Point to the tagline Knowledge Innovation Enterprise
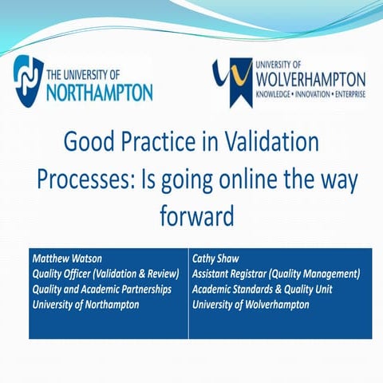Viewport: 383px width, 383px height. click(310, 95)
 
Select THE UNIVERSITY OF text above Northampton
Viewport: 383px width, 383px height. click(87, 74)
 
